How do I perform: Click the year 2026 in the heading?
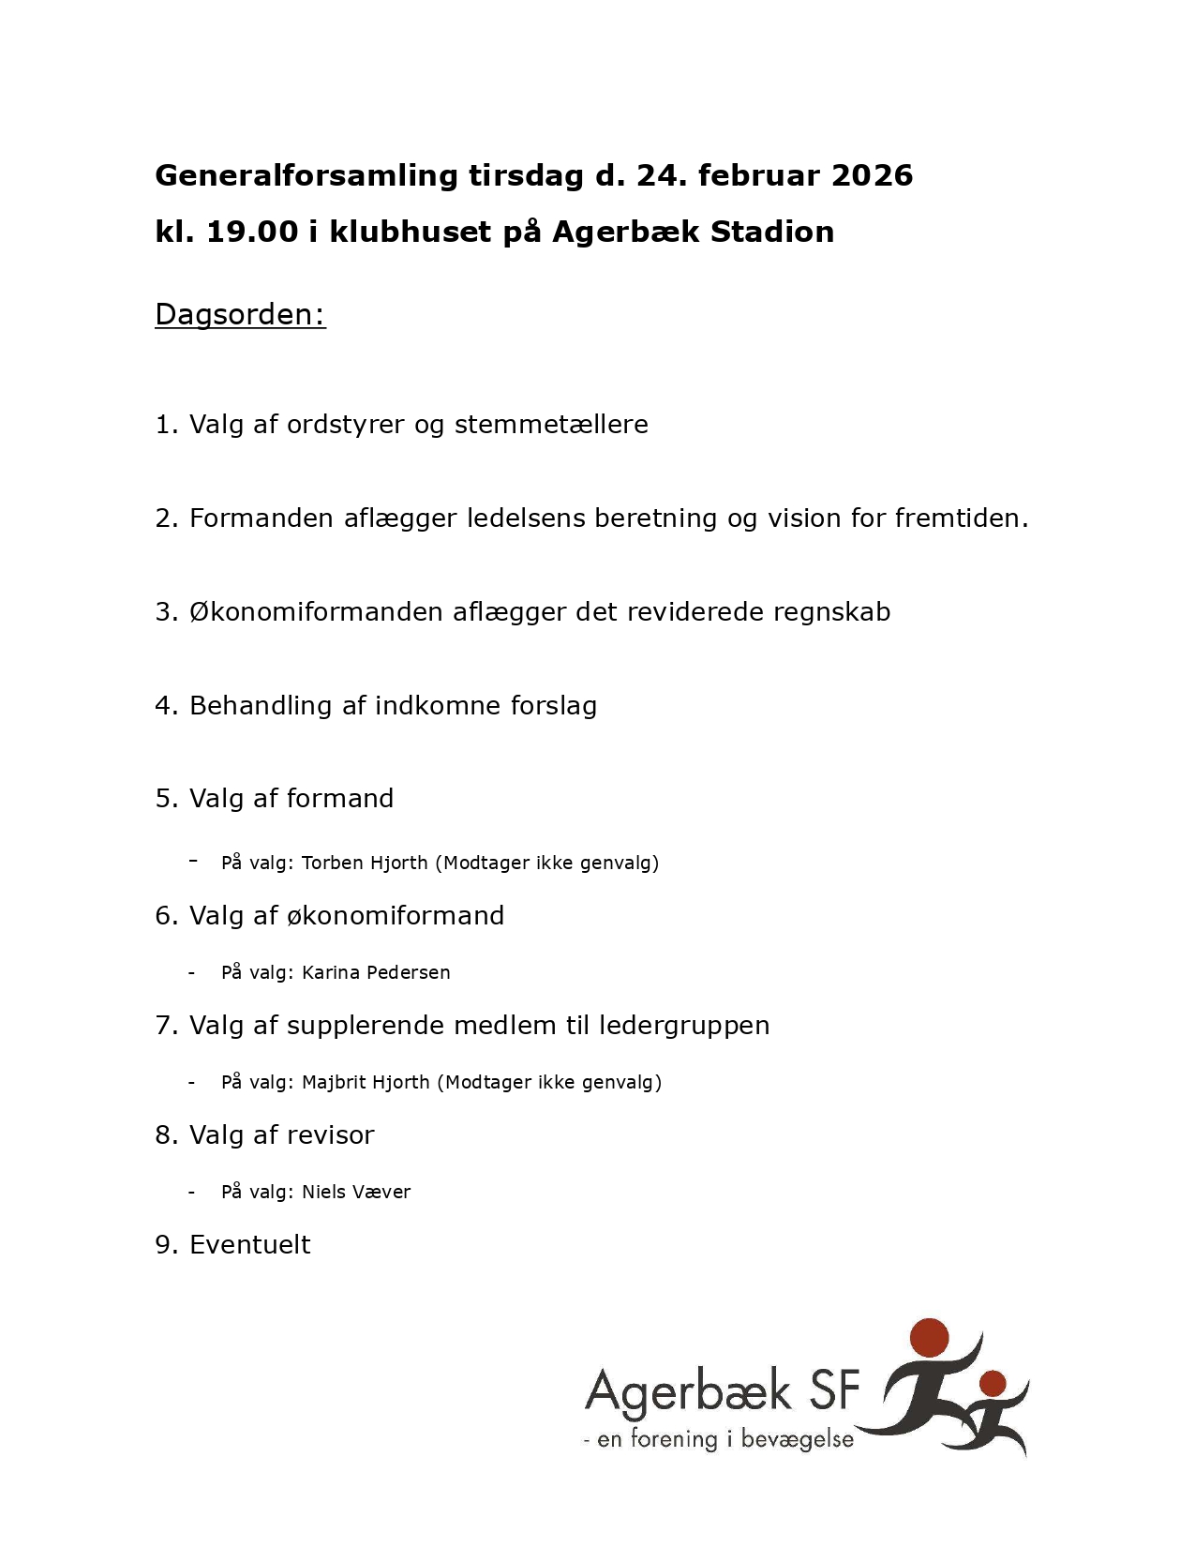[872, 175]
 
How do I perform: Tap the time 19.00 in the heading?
[252, 232]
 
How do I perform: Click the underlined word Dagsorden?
[240, 314]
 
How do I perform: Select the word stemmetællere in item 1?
[551, 425]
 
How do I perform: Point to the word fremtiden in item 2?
[961, 518]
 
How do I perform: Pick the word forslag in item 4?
[553, 706]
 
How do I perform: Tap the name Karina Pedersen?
[376, 972]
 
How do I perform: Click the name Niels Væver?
[356, 1192]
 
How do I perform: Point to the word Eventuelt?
[249, 1245]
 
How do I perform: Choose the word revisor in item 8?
[330, 1135]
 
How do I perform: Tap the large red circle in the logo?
[929, 1338]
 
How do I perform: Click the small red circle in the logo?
[993, 1383]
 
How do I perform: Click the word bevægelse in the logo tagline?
[797, 1440]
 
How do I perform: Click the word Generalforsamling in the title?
[306, 175]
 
